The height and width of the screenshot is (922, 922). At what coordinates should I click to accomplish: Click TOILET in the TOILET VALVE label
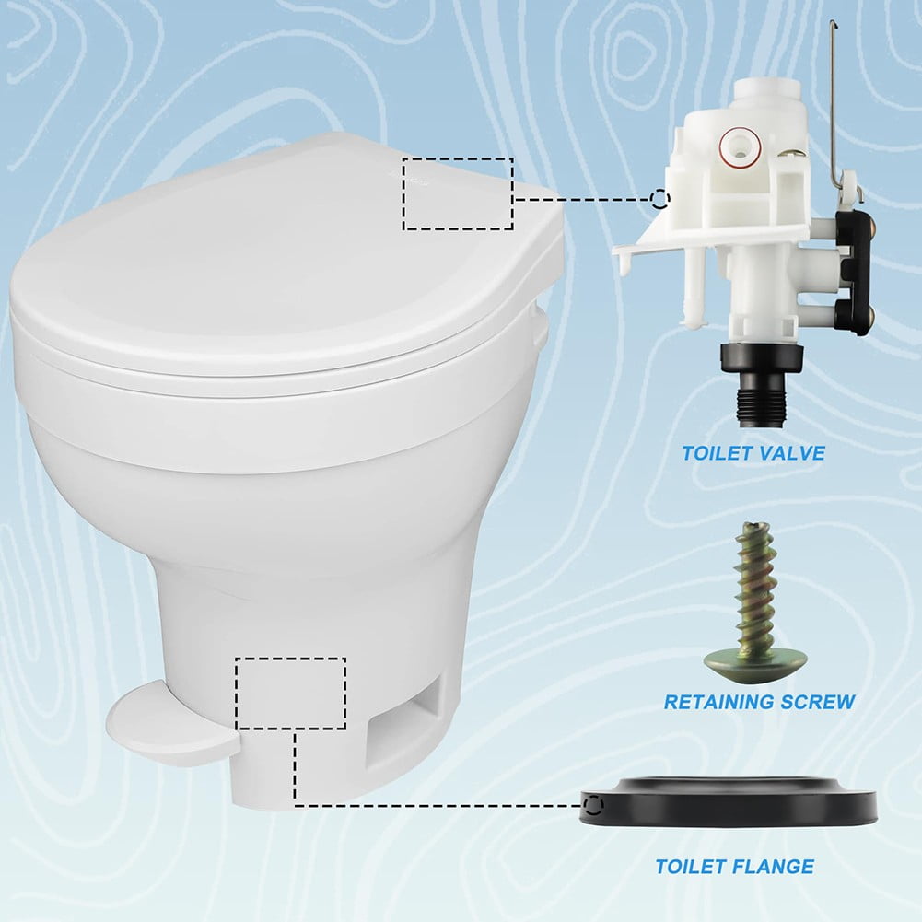coord(714,453)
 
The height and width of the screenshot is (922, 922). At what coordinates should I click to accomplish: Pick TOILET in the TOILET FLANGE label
coord(686,867)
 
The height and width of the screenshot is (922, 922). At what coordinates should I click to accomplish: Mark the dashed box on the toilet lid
coord(458,193)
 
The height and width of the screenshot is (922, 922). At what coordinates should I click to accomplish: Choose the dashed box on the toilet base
coord(290,694)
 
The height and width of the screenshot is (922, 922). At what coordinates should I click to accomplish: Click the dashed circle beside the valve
coord(659,198)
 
